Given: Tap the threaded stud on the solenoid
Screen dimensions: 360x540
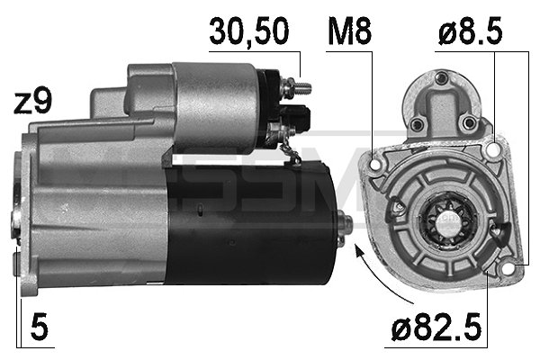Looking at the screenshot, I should pyautogui.click(x=301, y=88).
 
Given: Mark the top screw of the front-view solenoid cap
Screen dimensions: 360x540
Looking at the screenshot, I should pyautogui.click(x=441, y=84).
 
